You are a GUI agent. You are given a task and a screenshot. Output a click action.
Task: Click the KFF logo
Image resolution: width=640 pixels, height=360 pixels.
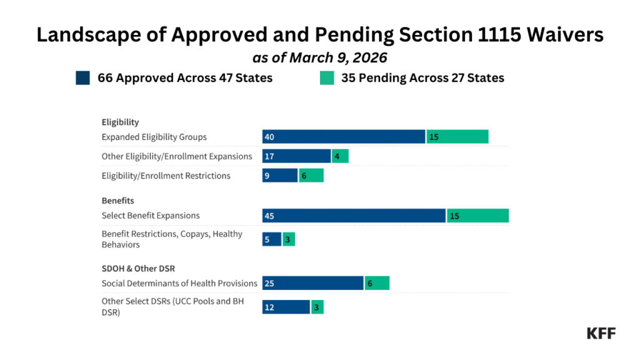click(601, 333)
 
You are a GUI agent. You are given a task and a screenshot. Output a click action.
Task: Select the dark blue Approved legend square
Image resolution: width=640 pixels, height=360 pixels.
click(83, 78)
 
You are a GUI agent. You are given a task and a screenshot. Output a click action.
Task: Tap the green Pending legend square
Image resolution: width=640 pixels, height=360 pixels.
click(326, 78)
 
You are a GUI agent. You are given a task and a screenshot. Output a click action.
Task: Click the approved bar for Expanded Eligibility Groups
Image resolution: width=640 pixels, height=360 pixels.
click(344, 137)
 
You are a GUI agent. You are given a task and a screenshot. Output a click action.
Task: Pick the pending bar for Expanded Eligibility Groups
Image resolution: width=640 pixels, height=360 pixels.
click(457, 137)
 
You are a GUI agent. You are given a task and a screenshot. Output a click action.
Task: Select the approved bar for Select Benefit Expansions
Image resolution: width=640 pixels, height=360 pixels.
click(354, 216)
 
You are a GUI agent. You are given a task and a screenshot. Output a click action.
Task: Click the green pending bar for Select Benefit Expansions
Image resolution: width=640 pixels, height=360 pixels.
click(477, 216)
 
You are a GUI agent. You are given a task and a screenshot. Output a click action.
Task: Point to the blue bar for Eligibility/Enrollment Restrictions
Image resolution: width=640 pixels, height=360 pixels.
click(280, 176)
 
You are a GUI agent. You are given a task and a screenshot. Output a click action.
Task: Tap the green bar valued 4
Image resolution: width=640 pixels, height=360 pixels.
click(340, 156)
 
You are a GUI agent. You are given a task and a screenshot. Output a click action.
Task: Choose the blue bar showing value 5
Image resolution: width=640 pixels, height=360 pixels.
click(272, 239)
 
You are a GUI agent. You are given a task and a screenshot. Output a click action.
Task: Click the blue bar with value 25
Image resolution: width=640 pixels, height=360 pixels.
click(312, 283)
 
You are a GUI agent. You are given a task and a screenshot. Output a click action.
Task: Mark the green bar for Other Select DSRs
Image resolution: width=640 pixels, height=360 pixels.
click(317, 307)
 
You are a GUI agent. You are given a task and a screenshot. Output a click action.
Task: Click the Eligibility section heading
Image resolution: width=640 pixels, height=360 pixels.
click(120, 122)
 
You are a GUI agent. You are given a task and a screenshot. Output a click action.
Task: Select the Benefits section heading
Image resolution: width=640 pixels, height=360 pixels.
click(118, 201)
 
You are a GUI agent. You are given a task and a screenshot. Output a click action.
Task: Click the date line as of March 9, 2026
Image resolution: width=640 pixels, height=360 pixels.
click(319, 57)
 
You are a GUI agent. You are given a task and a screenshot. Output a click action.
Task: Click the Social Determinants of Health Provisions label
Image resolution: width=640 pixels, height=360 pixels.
click(179, 283)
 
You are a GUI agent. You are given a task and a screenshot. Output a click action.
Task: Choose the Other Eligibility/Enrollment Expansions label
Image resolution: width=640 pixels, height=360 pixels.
click(177, 156)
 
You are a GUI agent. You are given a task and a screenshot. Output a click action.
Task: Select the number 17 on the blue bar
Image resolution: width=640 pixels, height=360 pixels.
click(270, 156)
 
